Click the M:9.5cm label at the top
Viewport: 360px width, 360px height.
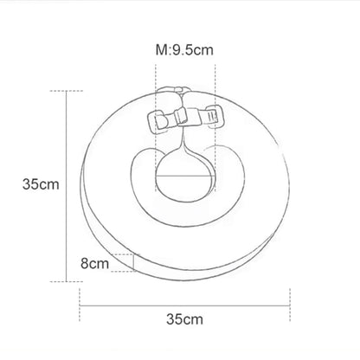tap(184, 49)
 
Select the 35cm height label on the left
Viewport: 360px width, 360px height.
tap(42, 183)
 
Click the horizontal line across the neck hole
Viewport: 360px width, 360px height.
tap(183, 177)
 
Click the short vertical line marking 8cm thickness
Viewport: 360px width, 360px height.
tap(135, 262)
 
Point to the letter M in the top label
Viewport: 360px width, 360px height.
tap(160, 49)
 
